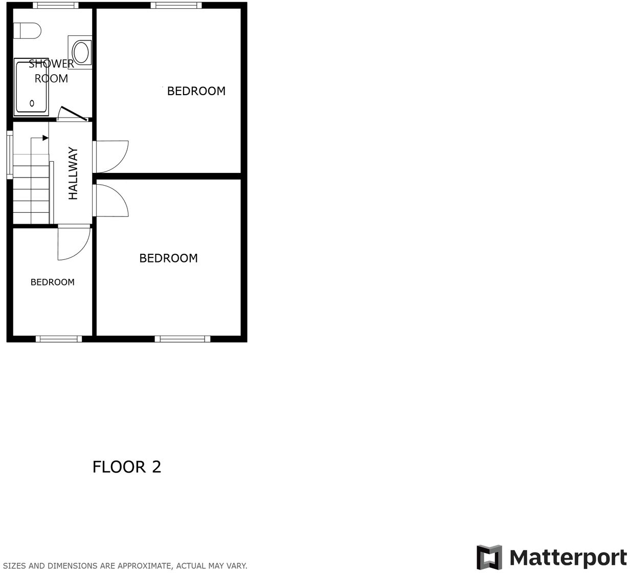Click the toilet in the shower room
27,31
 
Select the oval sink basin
81,52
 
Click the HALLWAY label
74,173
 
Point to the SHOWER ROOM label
51,71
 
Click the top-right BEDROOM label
196,91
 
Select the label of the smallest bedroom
53,282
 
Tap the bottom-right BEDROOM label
168,258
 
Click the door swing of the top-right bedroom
111,156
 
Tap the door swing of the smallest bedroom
74,244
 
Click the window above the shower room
56,6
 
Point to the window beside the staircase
10,155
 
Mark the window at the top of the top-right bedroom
176,6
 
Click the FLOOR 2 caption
127,467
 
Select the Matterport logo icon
489,557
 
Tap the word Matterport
568,558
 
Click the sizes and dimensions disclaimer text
125,566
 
